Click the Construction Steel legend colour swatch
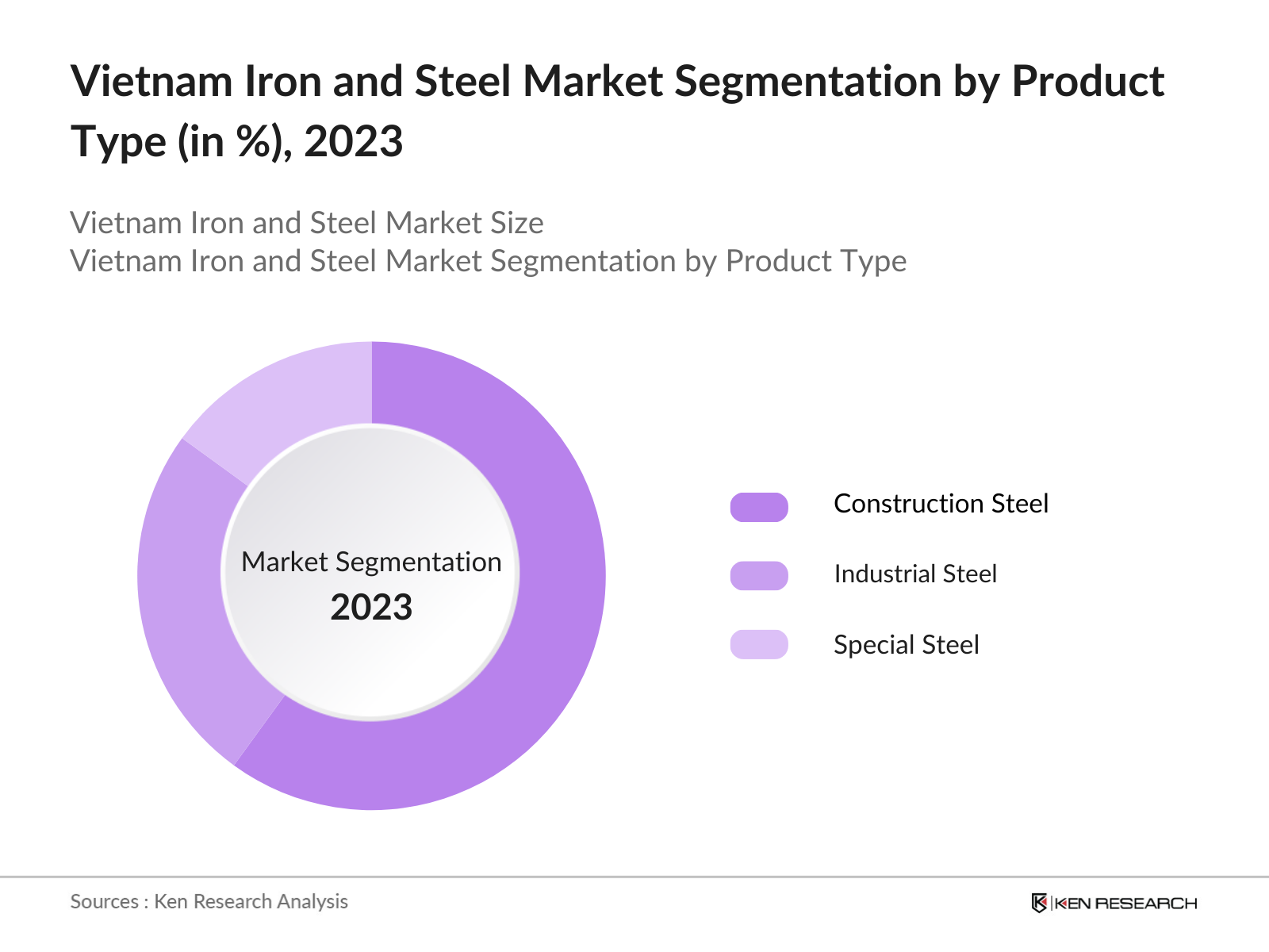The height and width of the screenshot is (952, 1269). [759, 506]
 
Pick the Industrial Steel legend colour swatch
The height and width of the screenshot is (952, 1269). [759, 575]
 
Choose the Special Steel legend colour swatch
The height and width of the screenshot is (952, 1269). [759, 644]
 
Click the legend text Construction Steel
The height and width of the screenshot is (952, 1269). [941, 504]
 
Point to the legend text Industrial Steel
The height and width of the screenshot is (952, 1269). [914, 574]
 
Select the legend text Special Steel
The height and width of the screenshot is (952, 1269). [906, 644]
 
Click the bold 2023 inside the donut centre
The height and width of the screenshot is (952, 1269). [371, 608]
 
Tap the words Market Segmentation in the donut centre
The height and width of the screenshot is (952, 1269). [371, 562]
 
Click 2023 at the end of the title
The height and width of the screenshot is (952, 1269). [354, 143]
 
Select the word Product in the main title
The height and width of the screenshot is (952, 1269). [1087, 82]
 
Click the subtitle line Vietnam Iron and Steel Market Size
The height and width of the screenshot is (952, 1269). [307, 223]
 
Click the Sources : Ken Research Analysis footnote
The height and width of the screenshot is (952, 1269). [209, 901]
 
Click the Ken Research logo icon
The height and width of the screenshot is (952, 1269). [1038, 903]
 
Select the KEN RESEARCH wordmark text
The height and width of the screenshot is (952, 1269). [1125, 903]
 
